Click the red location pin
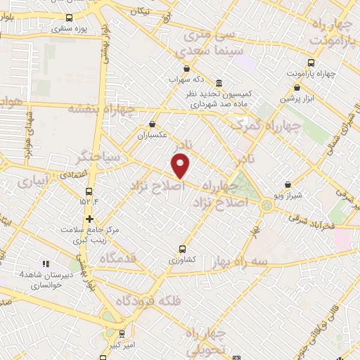(x=181, y=166)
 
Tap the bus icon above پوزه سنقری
(x=68, y=18)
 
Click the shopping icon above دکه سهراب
(x=186, y=69)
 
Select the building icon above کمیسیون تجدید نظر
(x=219, y=82)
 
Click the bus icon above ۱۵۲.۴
(x=89, y=191)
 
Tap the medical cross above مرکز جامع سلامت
(x=89, y=218)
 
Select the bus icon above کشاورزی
(x=182, y=249)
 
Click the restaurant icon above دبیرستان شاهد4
(x=46, y=264)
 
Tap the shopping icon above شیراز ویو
(x=288, y=185)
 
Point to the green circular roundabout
(x=267, y=205)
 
